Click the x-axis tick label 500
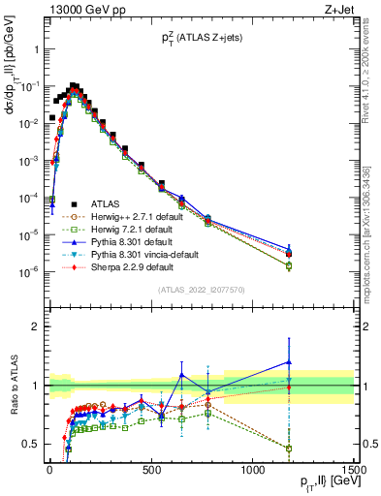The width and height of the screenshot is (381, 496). point(151,470)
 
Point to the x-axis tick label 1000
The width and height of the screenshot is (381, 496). point(252,470)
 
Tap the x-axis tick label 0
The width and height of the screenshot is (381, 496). point(49,470)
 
